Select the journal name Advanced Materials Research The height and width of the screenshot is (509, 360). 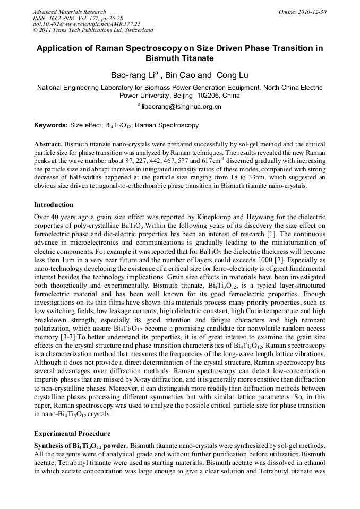(x=69, y=12)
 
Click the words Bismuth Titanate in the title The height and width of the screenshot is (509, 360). (x=179, y=58)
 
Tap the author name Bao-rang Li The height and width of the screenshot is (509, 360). (x=126, y=75)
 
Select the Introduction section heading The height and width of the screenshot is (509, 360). (x=54, y=205)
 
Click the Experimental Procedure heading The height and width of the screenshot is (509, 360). (x=72, y=433)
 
